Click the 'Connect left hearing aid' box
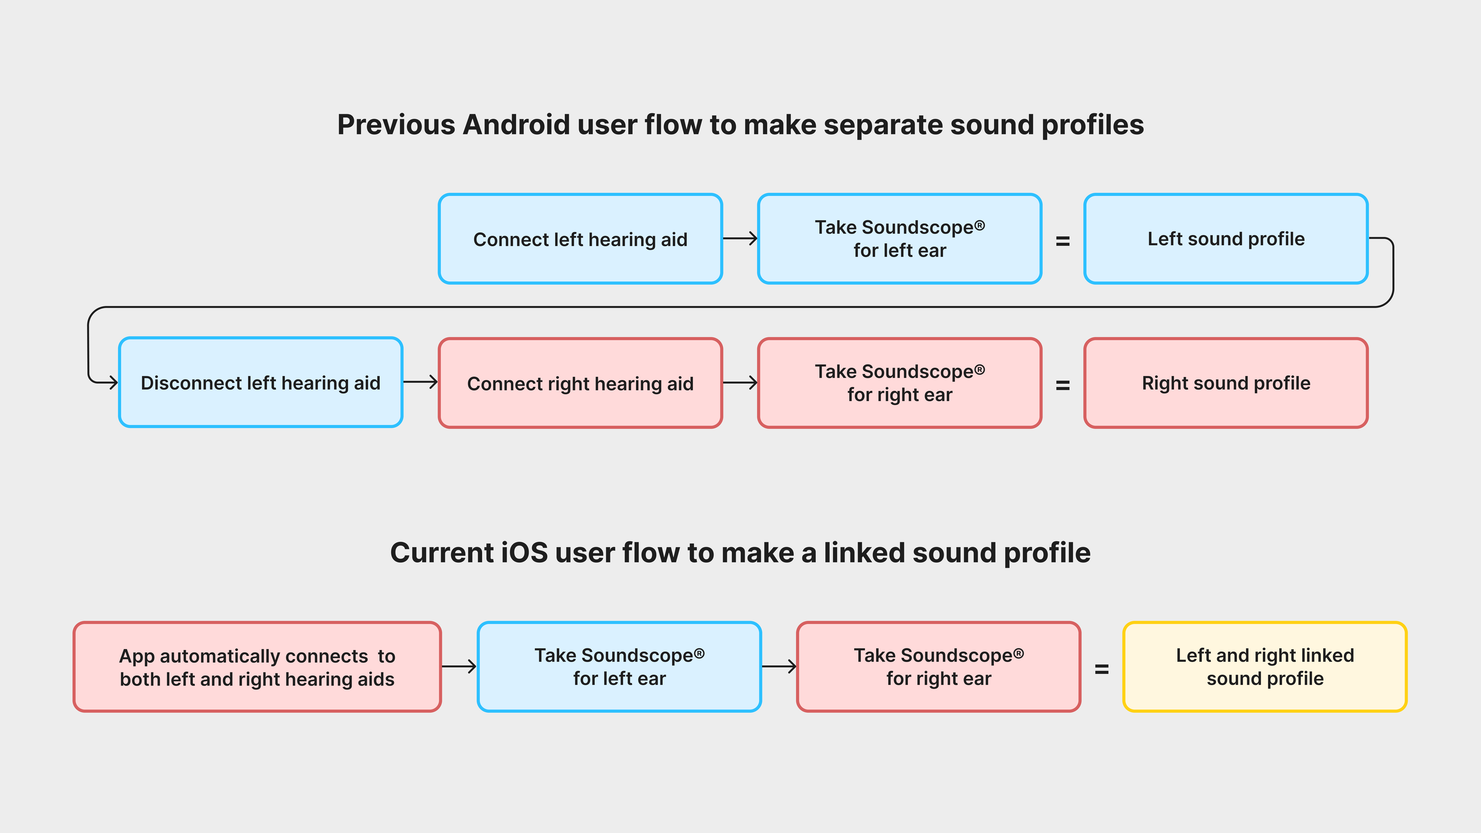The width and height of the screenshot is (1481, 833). pos(580,239)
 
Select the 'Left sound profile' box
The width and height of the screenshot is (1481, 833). pos(1226,239)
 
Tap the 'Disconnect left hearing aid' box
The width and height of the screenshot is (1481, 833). pos(261,382)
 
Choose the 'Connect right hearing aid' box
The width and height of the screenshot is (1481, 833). pos(580,383)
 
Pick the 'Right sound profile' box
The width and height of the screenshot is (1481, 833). pos(1226,383)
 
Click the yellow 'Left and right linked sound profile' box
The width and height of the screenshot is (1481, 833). pos(1265,667)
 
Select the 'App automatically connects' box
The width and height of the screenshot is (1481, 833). pos(257,667)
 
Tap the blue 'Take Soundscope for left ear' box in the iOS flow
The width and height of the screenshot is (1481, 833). pos(619,667)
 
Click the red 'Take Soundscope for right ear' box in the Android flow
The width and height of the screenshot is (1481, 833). pos(900,383)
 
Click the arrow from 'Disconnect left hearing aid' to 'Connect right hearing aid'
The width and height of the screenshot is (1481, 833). pos(420,382)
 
